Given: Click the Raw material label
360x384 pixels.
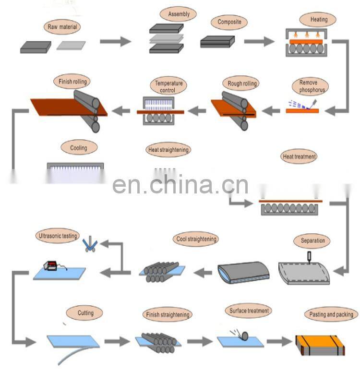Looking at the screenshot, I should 62,27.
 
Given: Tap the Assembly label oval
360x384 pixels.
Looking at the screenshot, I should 179,14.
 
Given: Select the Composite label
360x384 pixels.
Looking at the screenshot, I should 229,22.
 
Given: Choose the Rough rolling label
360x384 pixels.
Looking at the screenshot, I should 242,84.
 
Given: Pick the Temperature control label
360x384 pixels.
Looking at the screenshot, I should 168,86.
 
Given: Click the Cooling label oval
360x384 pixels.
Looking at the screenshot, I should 79,148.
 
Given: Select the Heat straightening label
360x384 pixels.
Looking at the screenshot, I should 168,150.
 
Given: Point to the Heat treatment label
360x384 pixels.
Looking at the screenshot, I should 299,156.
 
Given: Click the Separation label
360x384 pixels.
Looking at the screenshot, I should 312,240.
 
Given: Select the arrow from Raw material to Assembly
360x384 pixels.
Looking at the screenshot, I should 115,42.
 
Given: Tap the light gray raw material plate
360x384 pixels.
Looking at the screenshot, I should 71,46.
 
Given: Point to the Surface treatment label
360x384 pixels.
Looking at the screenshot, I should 249,311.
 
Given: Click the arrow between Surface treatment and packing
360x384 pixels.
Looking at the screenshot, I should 279,342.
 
